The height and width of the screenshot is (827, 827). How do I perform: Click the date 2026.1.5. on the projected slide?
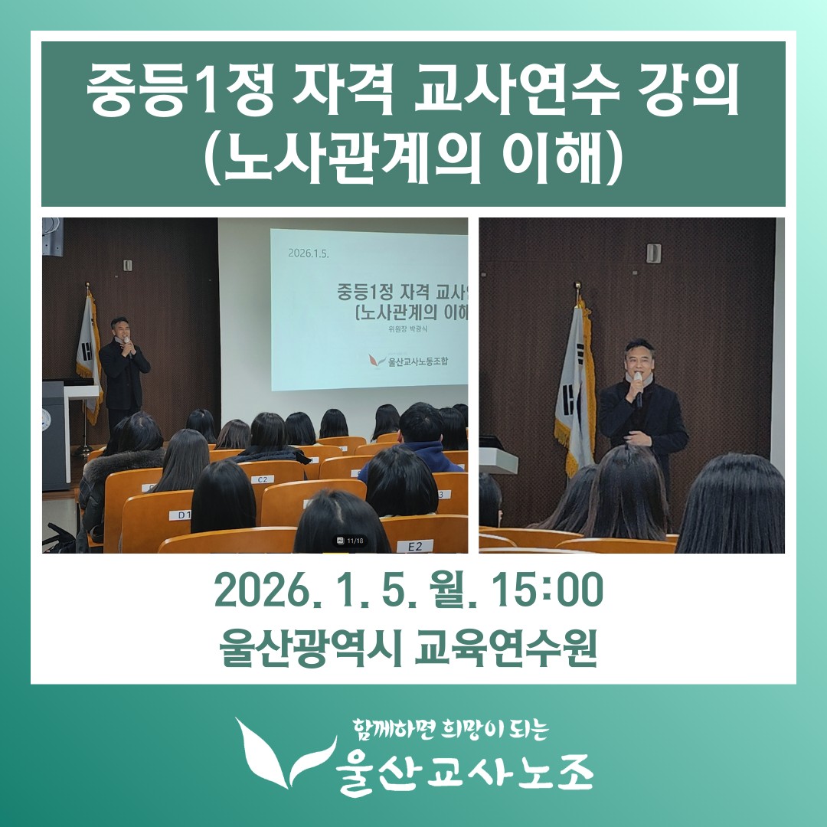309,253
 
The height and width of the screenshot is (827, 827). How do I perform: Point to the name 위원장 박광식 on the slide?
407,329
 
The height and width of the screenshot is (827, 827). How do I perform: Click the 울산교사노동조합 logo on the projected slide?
409,361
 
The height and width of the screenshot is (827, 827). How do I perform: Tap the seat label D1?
182,515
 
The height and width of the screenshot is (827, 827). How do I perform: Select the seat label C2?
262,479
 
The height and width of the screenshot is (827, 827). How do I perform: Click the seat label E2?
415,547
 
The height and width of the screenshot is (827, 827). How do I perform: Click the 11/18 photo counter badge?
351,541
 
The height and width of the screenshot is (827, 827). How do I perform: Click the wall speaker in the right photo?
653,253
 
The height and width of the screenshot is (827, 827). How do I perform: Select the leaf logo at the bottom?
286,753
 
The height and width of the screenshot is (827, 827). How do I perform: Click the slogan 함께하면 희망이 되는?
451,730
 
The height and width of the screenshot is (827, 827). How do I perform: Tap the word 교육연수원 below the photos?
506,648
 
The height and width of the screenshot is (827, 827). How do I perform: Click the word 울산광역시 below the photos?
311,648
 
